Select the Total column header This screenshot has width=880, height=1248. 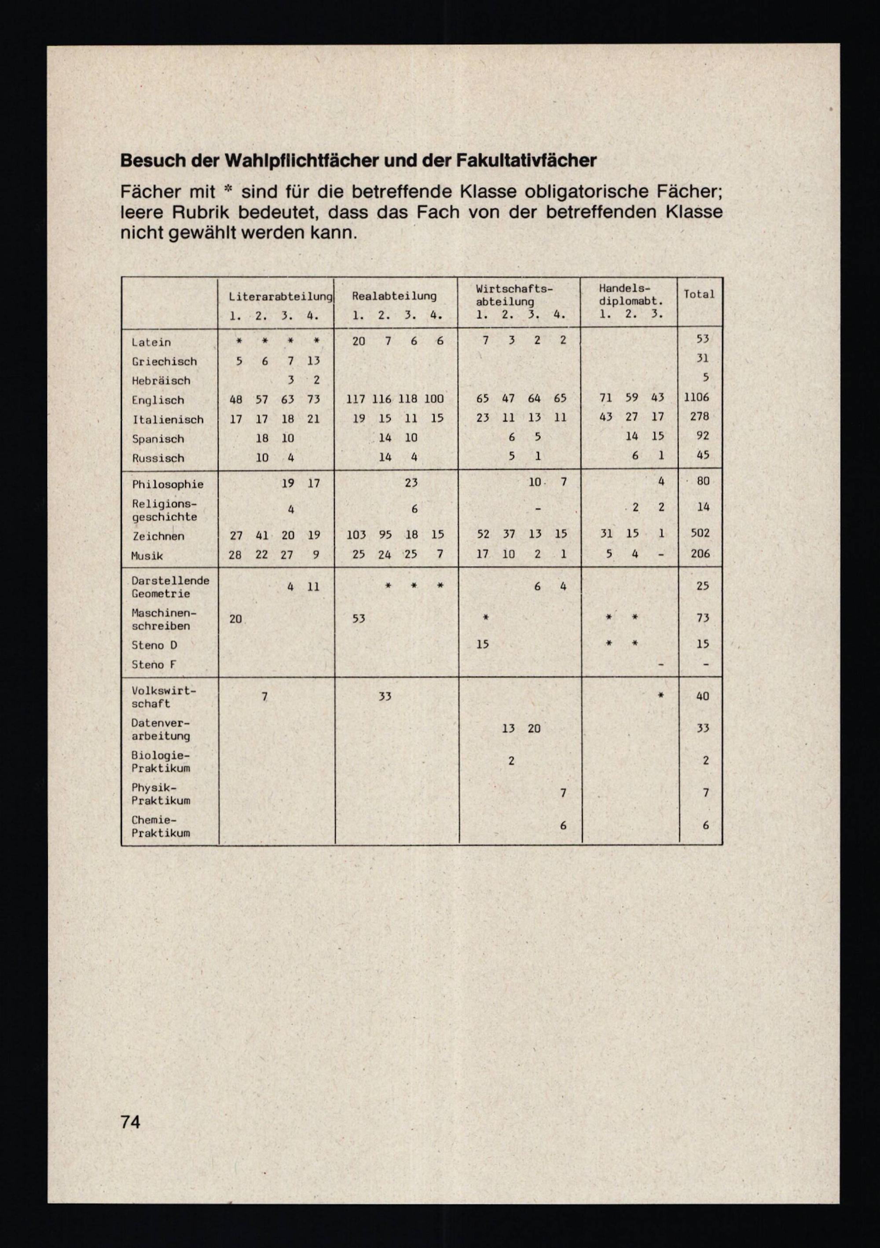(699, 294)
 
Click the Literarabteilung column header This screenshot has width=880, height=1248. (280, 297)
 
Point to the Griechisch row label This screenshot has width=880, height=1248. (164, 362)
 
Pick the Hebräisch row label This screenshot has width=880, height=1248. (161, 380)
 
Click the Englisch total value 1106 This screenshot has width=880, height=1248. (697, 397)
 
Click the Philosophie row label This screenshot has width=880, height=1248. (167, 484)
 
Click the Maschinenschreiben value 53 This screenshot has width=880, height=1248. (359, 619)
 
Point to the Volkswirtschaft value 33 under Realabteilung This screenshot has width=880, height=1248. (385, 696)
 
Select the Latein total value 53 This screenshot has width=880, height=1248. (702, 339)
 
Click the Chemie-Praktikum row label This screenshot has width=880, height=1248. (161, 826)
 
